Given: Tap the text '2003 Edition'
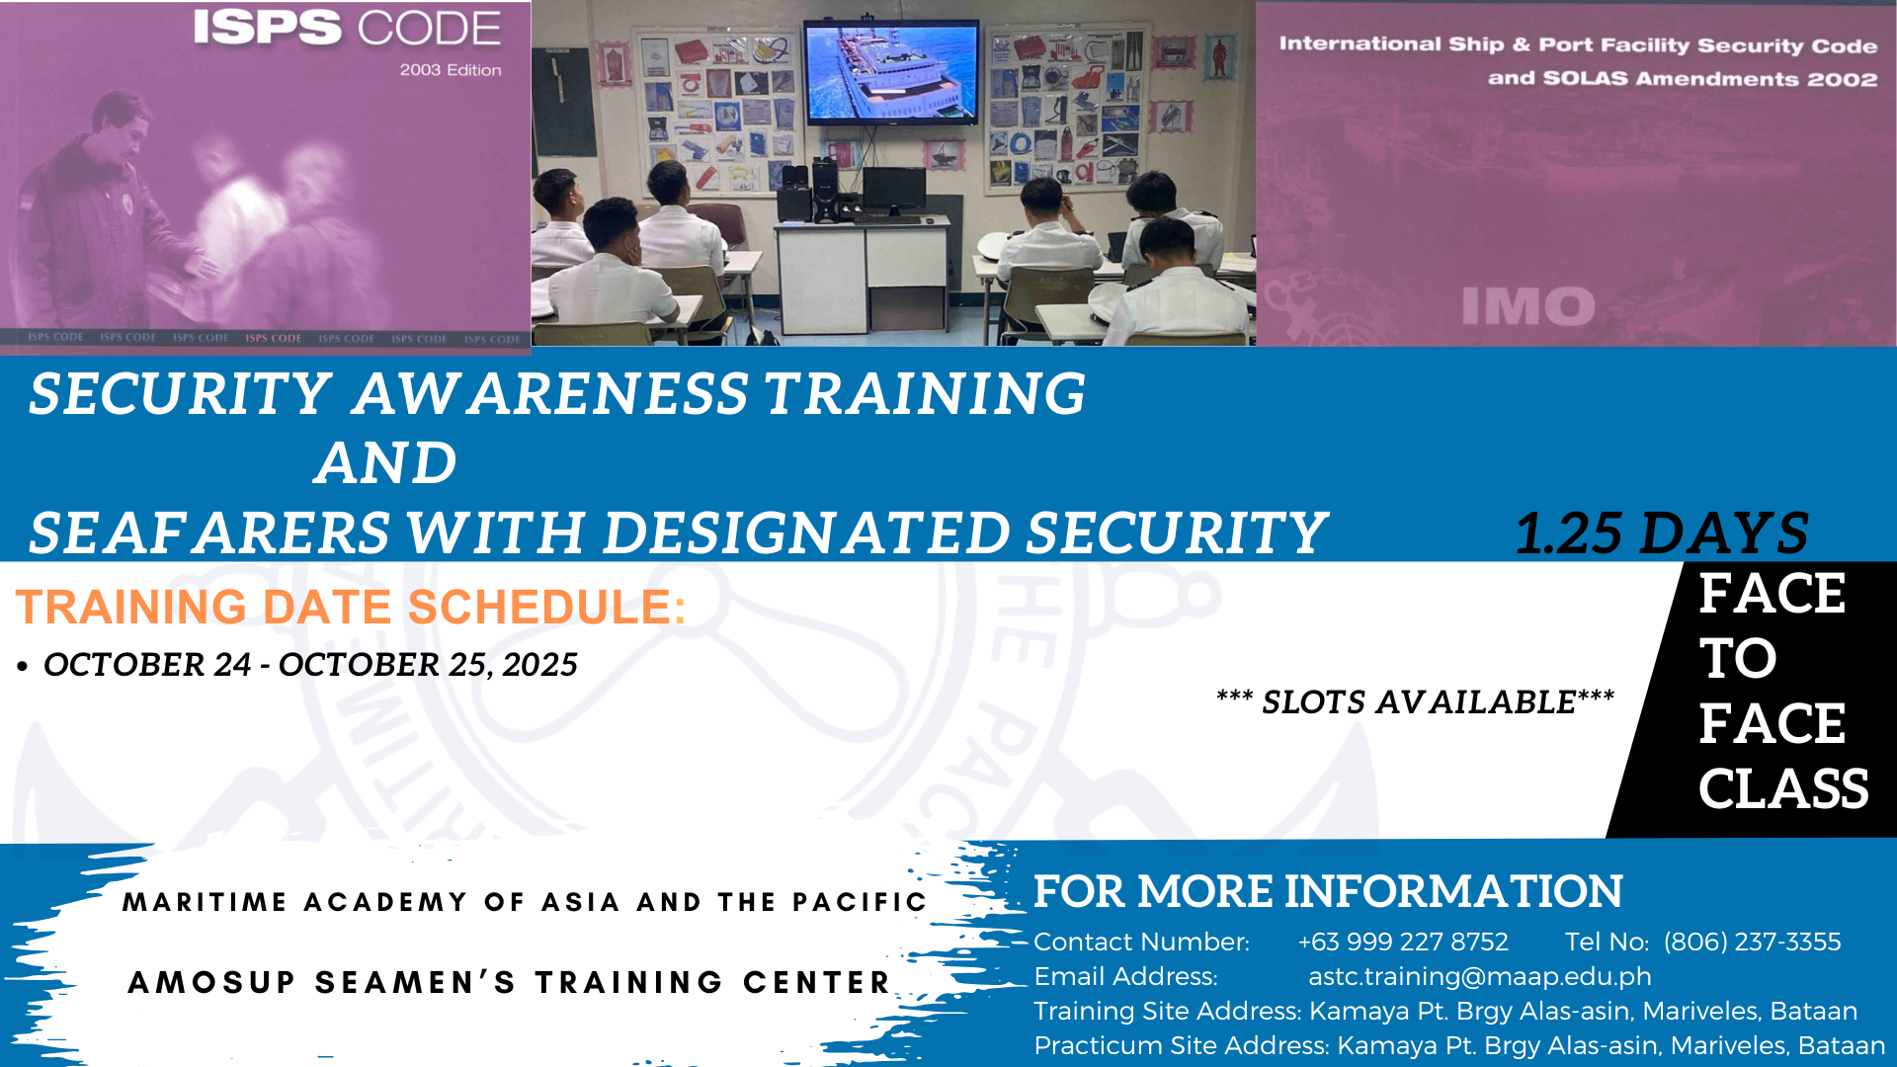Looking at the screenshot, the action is [x=451, y=70].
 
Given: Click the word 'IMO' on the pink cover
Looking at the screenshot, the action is [x=1528, y=306].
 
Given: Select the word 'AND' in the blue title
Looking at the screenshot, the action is [x=386, y=462].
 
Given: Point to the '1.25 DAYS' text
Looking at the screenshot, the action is [x=1662, y=533].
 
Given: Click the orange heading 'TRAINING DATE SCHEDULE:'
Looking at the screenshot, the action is [x=351, y=607].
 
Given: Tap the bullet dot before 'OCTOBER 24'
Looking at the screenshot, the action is [x=23, y=667].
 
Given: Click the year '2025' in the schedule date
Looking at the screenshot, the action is [x=539, y=665].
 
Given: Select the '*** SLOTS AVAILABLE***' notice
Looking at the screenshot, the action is [x=1415, y=701].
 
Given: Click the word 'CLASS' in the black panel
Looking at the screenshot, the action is [x=1783, y=788].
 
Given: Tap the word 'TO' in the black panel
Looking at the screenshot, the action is [x=1738, y=658].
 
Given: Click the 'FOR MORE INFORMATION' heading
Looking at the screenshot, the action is [x=1328, y=891].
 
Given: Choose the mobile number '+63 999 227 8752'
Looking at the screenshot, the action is [x=1403, y=943].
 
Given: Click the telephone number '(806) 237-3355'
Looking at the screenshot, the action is [x=1753, y=943].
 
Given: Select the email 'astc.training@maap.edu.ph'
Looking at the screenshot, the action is [x=1480, y=977].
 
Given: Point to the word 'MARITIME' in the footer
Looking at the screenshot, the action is [x=206, y=902].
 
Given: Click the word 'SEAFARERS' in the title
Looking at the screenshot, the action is [x=209, y=533].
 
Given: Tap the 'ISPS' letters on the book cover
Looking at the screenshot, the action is [x=267, y=28].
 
